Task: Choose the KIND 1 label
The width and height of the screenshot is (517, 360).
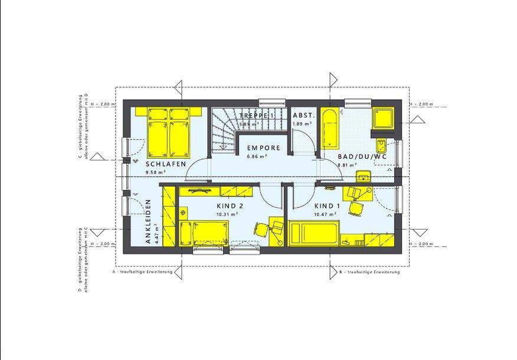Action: [328, 205]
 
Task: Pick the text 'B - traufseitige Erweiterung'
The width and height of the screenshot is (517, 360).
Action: [369, 273]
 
